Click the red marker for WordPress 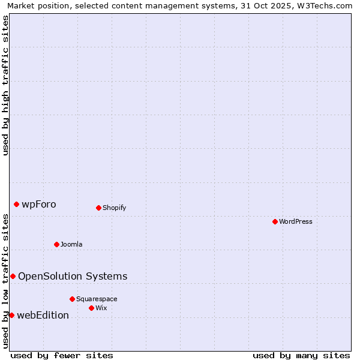275,221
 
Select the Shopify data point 98,208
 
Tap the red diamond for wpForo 16,204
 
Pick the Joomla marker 56,244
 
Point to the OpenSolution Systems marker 13,276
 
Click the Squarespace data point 72,299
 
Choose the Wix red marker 91,308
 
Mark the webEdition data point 11,315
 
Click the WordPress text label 296,221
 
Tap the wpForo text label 39,204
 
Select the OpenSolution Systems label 73,276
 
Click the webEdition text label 43,315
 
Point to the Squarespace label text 97,299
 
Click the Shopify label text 114,208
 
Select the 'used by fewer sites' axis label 62,355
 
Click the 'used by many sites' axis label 301,355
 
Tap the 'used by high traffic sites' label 6,85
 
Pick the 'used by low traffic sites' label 6,281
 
